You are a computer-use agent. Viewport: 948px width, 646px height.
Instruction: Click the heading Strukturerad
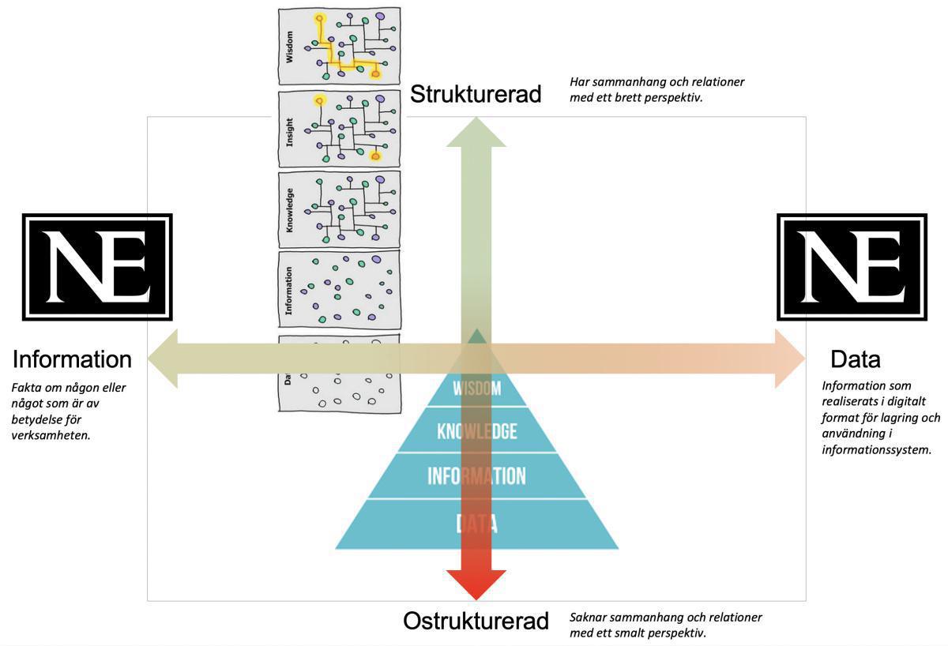click(476, 95)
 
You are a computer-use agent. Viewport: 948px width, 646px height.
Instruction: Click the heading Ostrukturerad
click(476, 621)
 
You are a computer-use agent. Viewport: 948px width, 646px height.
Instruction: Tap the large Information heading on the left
click(72, 359)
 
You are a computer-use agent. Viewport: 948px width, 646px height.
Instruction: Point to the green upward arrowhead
click(476, 130)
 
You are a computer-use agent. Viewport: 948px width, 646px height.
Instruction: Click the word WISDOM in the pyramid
click(477, 389)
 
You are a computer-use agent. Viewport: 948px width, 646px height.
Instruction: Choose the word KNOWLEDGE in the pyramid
click(477, 431)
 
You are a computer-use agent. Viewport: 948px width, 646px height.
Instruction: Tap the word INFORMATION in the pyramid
click(476, 476)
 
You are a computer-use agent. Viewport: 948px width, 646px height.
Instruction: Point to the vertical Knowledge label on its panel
click(289, 210)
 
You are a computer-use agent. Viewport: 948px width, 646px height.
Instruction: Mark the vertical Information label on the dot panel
click(289, 291)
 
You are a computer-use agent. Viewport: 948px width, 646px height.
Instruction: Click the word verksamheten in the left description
click(51, 434)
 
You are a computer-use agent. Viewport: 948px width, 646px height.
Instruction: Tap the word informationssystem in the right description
click(876, 449)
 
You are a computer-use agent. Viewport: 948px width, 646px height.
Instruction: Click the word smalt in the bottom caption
click(649, 633)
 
